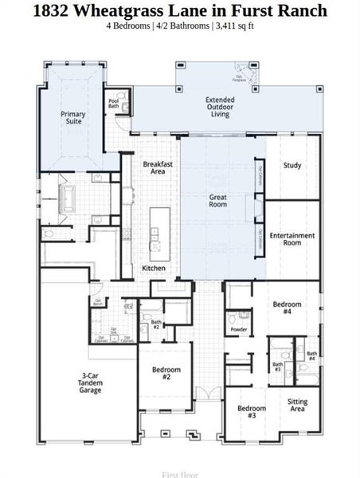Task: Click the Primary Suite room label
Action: (73, 118)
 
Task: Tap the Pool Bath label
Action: (114, 104)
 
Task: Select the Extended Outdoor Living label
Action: (221, 107)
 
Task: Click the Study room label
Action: (292, 166)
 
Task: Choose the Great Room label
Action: (218, 201)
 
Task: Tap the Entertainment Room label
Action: (292, 239)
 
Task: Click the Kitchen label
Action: (154, 268)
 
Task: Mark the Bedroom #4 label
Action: (288, 308)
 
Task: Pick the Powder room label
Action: (238, 329)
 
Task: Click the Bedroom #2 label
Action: (166, 374)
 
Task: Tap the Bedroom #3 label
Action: (252, 412)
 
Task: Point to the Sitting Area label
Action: (297, 406)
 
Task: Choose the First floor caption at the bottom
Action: (180, 474)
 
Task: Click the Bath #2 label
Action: (156, 325)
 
